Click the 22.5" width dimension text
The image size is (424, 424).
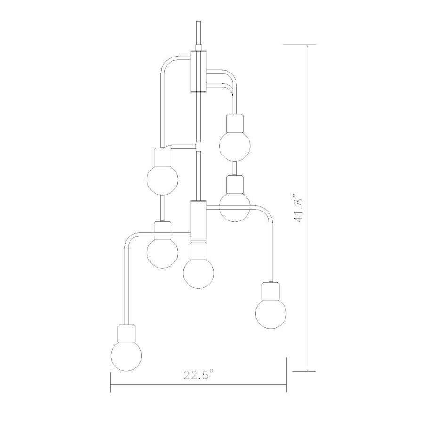(198, 375)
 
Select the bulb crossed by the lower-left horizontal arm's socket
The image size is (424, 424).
(163, 252)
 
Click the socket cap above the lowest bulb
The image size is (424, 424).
(126, 333)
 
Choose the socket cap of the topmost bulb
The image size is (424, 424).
(234, 123)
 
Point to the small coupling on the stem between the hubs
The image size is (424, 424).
(198, 147)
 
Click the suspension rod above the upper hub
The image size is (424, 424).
(198, 33)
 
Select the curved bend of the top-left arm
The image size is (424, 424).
(167, 62)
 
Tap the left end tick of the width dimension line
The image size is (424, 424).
(110, 382)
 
